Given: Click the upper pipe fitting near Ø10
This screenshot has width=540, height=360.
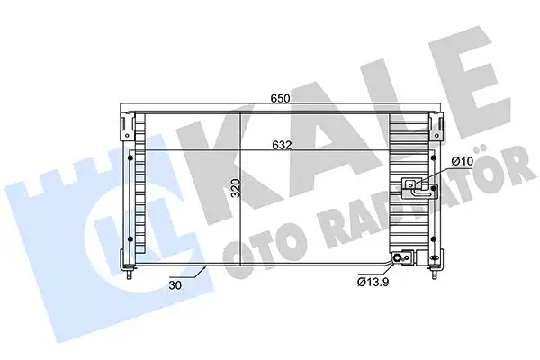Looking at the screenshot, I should coord(416,186).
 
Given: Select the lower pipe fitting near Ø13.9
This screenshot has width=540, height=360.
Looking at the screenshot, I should coord(400,258).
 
